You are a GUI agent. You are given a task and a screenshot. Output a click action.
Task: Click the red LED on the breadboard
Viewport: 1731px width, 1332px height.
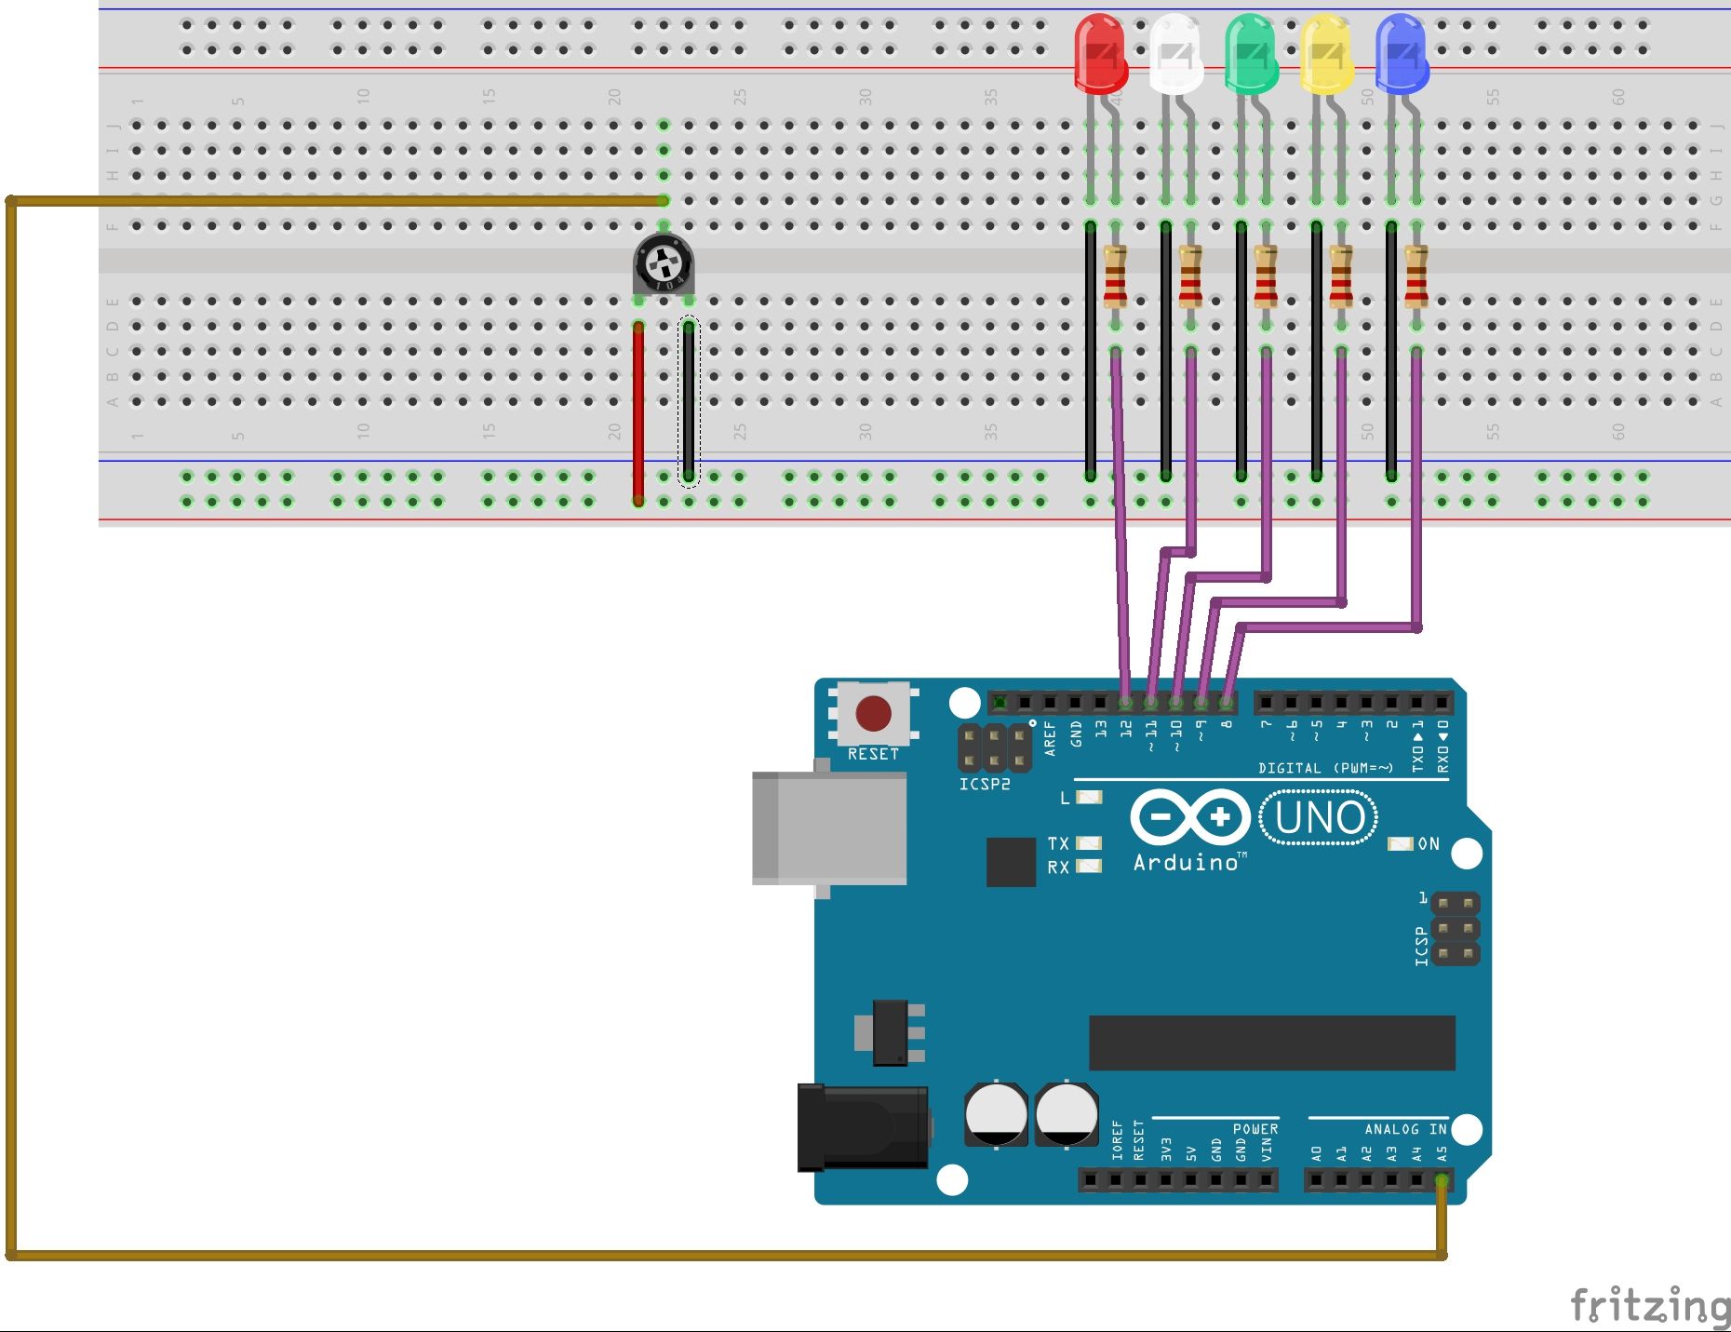[1101, 54]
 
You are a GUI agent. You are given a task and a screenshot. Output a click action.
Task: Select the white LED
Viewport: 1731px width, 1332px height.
[1175, 54]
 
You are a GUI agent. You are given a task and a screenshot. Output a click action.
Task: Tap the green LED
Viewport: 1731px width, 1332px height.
[1251, 54]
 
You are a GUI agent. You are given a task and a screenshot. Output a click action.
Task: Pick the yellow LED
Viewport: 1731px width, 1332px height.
[1326, 54]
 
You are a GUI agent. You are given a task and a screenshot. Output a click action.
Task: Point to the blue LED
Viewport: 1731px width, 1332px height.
[1402, 54]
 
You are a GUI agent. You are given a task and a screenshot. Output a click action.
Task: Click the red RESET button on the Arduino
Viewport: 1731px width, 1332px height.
[873, 714]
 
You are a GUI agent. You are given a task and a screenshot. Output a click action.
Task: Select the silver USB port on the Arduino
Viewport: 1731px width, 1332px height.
[829, 827]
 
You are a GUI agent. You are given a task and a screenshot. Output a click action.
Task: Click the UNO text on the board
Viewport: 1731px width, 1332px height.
[1319, 818]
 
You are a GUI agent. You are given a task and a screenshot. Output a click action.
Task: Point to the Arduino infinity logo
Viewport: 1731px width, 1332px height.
[1190, 817]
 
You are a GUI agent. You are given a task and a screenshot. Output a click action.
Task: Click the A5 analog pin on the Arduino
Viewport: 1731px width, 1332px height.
[1441, 1181]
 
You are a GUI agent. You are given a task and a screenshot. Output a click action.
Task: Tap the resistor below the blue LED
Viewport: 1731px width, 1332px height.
[1416, 276]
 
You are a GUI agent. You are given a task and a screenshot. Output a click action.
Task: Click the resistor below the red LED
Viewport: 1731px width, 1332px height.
[1115, 276]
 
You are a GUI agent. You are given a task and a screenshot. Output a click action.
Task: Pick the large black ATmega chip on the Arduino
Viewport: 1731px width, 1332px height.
[1271, 1043]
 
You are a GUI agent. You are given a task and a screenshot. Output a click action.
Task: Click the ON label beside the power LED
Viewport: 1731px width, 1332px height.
[1429, 844]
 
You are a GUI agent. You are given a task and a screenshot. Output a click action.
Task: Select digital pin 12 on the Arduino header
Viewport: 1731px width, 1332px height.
[1126, 702]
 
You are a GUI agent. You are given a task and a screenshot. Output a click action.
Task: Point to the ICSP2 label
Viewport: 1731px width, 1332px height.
[985, 784]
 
